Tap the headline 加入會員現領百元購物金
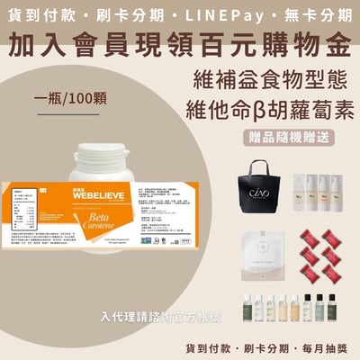[x=180, y=42]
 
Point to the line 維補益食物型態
[x=275, y=79]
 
